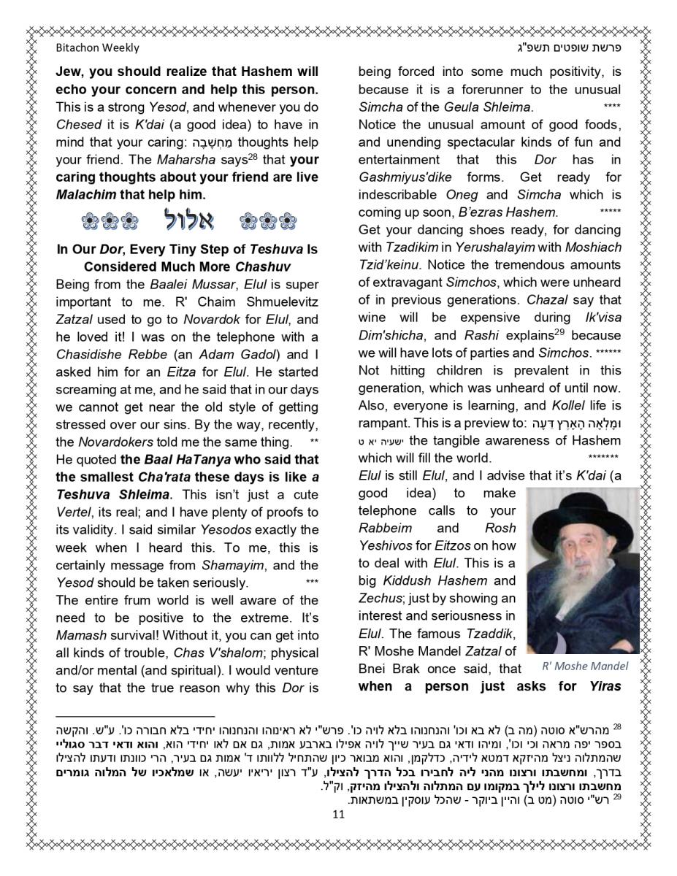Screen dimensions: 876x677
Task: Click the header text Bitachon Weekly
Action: pyautogui.click(x=97, y=48)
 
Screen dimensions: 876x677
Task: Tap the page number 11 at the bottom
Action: pyautogui.click(x=337, y=815)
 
